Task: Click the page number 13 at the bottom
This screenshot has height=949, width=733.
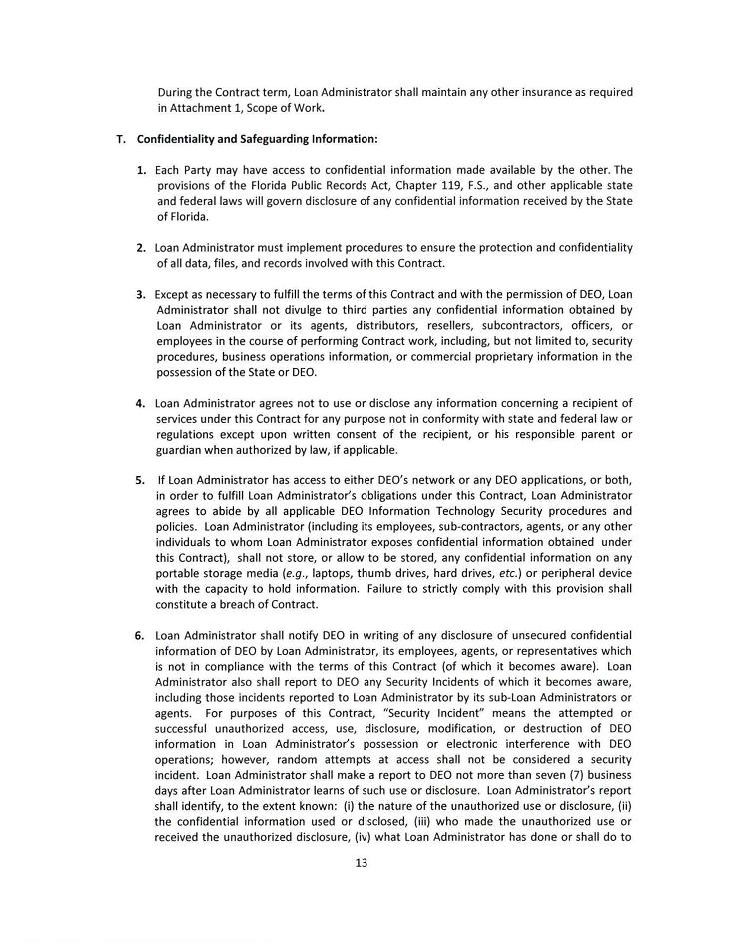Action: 361,864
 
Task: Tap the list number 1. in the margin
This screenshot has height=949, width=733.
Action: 142,170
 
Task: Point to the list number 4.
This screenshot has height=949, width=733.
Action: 141,403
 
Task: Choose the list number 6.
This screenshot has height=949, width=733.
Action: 141,635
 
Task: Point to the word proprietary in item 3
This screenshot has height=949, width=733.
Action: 494,356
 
